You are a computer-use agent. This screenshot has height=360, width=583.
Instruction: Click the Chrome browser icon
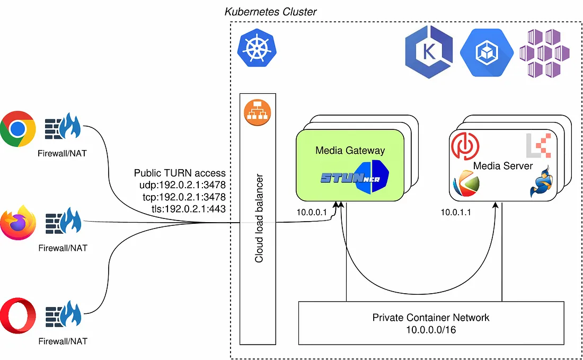[17, 129]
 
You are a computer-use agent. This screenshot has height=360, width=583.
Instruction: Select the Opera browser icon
[17, 316]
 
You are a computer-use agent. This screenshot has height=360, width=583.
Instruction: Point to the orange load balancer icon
[258, 112]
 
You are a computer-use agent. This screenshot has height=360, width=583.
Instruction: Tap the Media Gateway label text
[350, 150]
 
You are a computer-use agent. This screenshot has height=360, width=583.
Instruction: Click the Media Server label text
[502, 166]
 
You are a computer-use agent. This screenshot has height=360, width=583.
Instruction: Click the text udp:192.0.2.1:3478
[180, 185]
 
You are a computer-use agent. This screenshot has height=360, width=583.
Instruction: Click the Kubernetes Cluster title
[271, 11]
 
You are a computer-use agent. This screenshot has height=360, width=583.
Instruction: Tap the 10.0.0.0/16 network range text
[431, 330]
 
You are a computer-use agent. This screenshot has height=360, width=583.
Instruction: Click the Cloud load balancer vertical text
[259, 217]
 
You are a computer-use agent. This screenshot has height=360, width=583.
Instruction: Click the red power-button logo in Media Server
[464, 145]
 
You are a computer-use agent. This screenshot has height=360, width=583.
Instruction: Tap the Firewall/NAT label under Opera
[63, 341]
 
